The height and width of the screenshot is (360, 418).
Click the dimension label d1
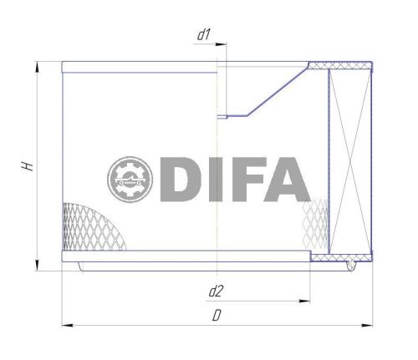[202, 35]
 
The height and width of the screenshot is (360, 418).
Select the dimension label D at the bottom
[216, 317]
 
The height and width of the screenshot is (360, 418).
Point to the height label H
[27, 167]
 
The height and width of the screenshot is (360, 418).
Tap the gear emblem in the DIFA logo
[129, 179]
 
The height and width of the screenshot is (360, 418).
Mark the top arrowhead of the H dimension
[37, 67]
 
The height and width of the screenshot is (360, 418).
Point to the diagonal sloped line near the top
[275, 91]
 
